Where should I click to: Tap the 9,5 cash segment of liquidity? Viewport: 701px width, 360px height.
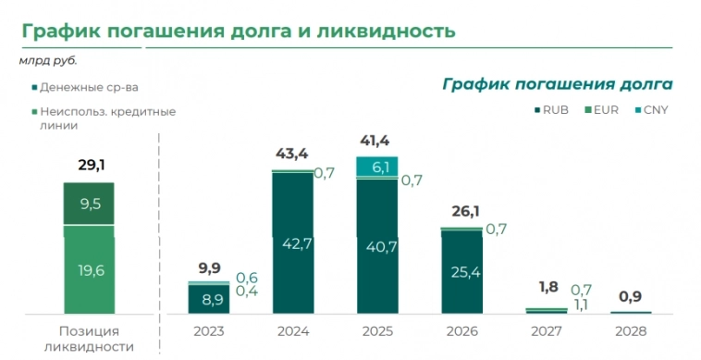pyautogui.click(x=89, y=205)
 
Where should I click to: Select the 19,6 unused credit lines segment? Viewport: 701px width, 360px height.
pyautogui.click(x=89, y=270)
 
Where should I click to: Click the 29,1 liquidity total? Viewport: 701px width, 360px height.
pyautogui.click(x=89, y=166)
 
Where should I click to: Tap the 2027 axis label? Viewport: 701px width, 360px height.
pyautogui.click(x=545, y=330)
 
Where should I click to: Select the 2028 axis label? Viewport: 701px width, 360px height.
pyautogui.click(x=632, y=330)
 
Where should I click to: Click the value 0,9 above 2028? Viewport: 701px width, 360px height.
pyautogui.click(x=632, y=297)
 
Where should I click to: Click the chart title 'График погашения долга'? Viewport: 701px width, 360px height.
pyautogui.click(x=557, y=83)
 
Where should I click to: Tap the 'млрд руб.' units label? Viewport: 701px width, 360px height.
pyautogui.click(x=48, y=61)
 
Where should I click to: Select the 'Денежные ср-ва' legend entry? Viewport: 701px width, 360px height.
pyautogui.click(x=89, y=88)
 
